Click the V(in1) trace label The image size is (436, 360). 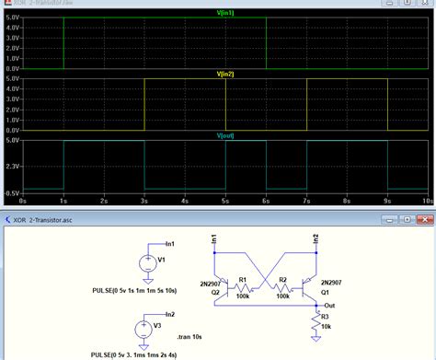point(224,12)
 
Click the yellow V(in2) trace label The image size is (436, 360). point(224,74)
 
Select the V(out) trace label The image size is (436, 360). point(224,135)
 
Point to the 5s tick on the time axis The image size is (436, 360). point(225,200)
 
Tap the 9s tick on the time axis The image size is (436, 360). point(387,200)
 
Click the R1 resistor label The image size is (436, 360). point(243,279)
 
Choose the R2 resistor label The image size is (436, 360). point(283,279)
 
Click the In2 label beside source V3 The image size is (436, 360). point(168,313)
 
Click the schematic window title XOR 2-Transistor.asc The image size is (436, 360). point(52,219)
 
